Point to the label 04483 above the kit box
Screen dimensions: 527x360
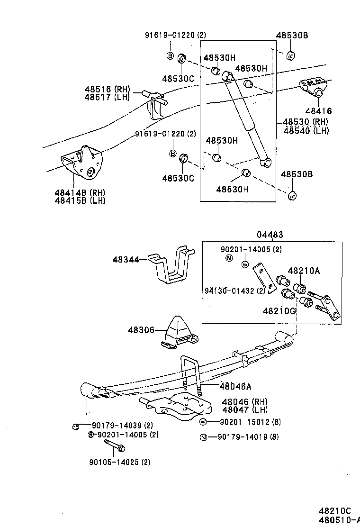click(270, 235)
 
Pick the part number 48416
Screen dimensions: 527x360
click(318, 111)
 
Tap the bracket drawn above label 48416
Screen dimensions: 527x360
click(313, 87)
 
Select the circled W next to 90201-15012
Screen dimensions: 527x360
click(203, 422)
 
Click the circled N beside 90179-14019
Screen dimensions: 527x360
click(203, 437)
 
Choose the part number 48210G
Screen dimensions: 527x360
click(279, 311)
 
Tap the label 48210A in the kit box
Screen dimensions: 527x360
click(304, 271)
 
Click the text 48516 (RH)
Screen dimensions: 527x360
click(108, 89)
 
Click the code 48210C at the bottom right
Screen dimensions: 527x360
click(334, 511)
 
